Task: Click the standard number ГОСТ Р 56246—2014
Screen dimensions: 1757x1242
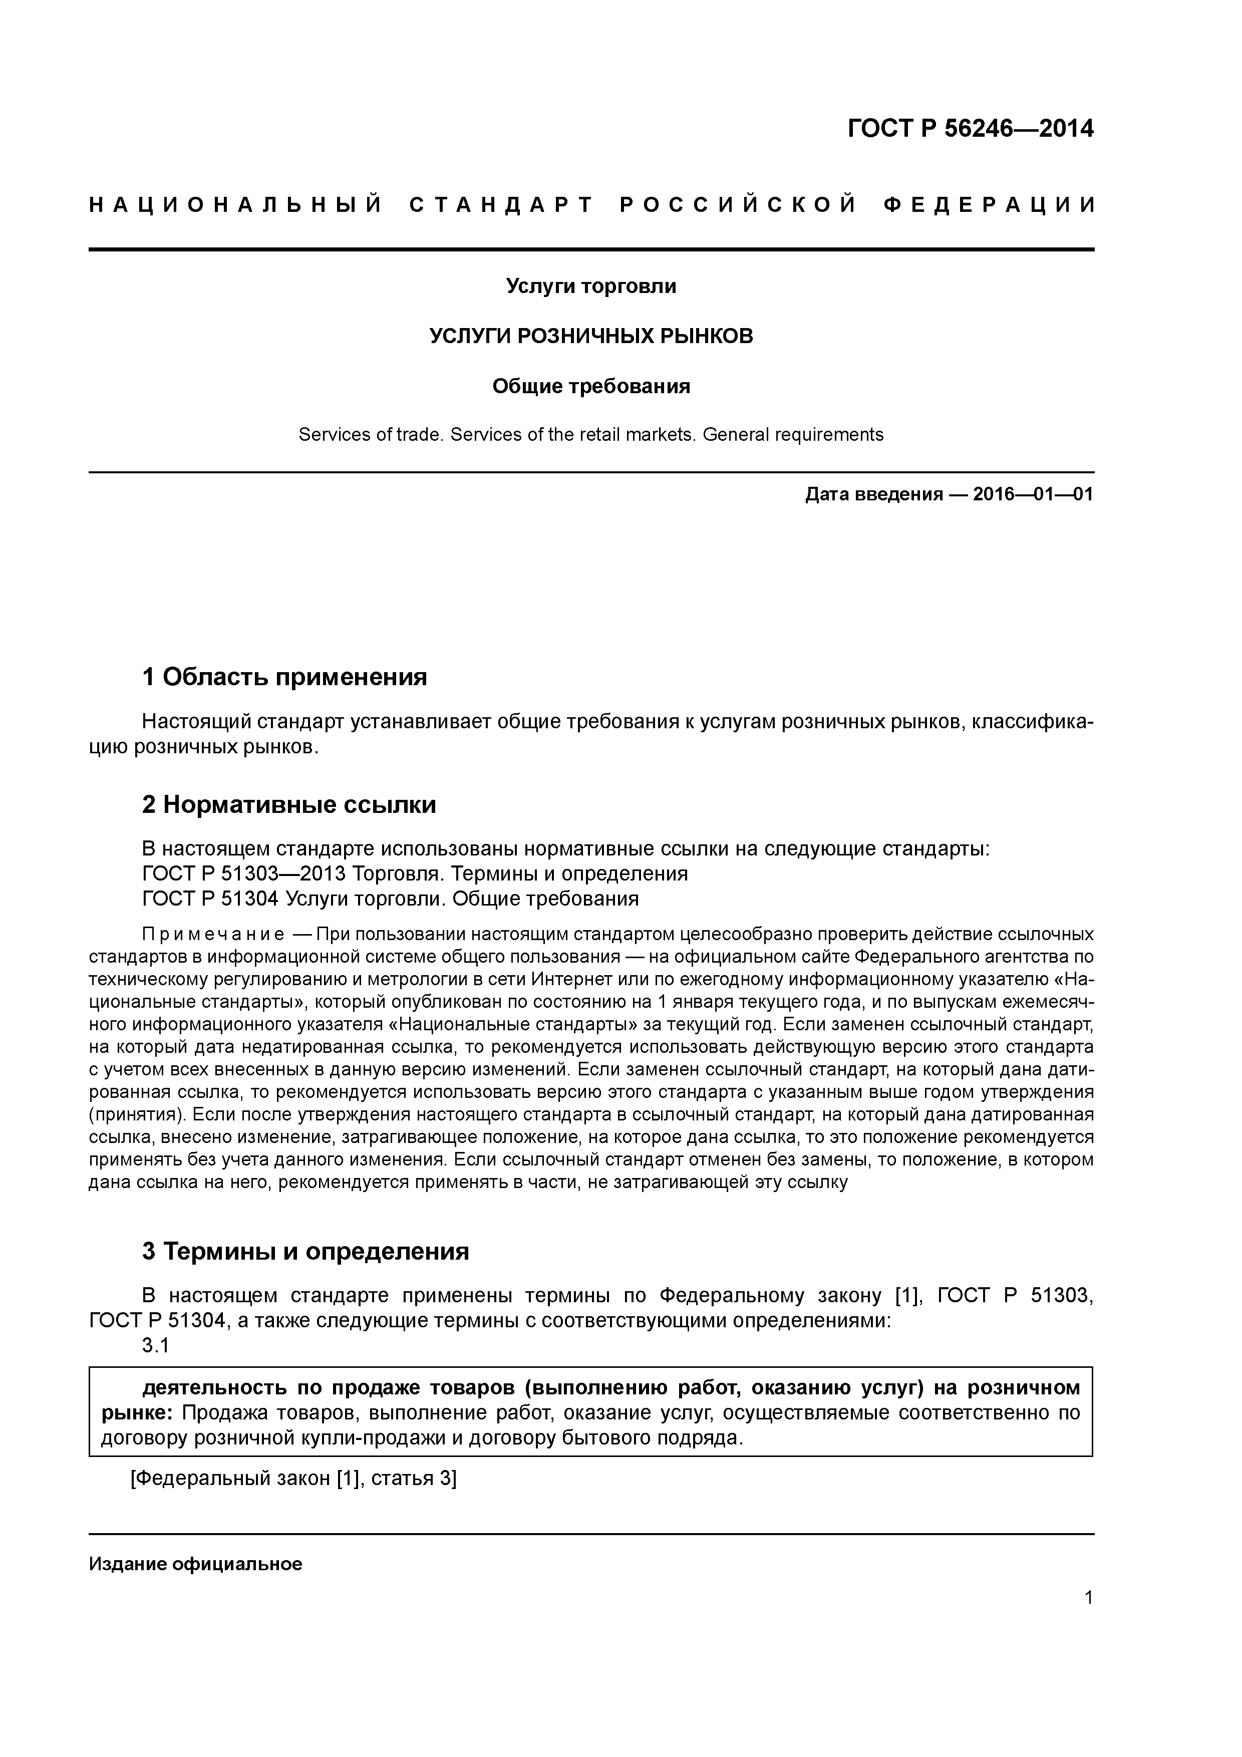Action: [x=971, y=129]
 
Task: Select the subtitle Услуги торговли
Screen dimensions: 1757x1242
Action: [x=591, y=286]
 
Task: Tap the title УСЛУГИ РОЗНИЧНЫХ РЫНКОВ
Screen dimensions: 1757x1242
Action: [x=591, y=336]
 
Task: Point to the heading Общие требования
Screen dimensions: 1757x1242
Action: [x=591, y=387]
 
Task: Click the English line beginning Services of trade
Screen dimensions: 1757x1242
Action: [x=591, y=435]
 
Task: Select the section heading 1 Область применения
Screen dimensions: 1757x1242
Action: [x=284, y=677]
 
